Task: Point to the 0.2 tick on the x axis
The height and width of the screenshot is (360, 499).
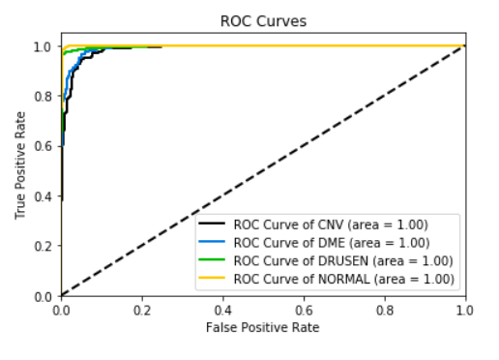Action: tap(142, 311)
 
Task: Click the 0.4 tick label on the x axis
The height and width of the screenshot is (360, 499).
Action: tap(223, 311)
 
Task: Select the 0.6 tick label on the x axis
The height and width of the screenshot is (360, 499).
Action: tap(304, 311)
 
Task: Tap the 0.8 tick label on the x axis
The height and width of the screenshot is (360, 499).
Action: tap(385, 311)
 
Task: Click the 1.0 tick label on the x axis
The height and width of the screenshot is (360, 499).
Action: tap(465, 311)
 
